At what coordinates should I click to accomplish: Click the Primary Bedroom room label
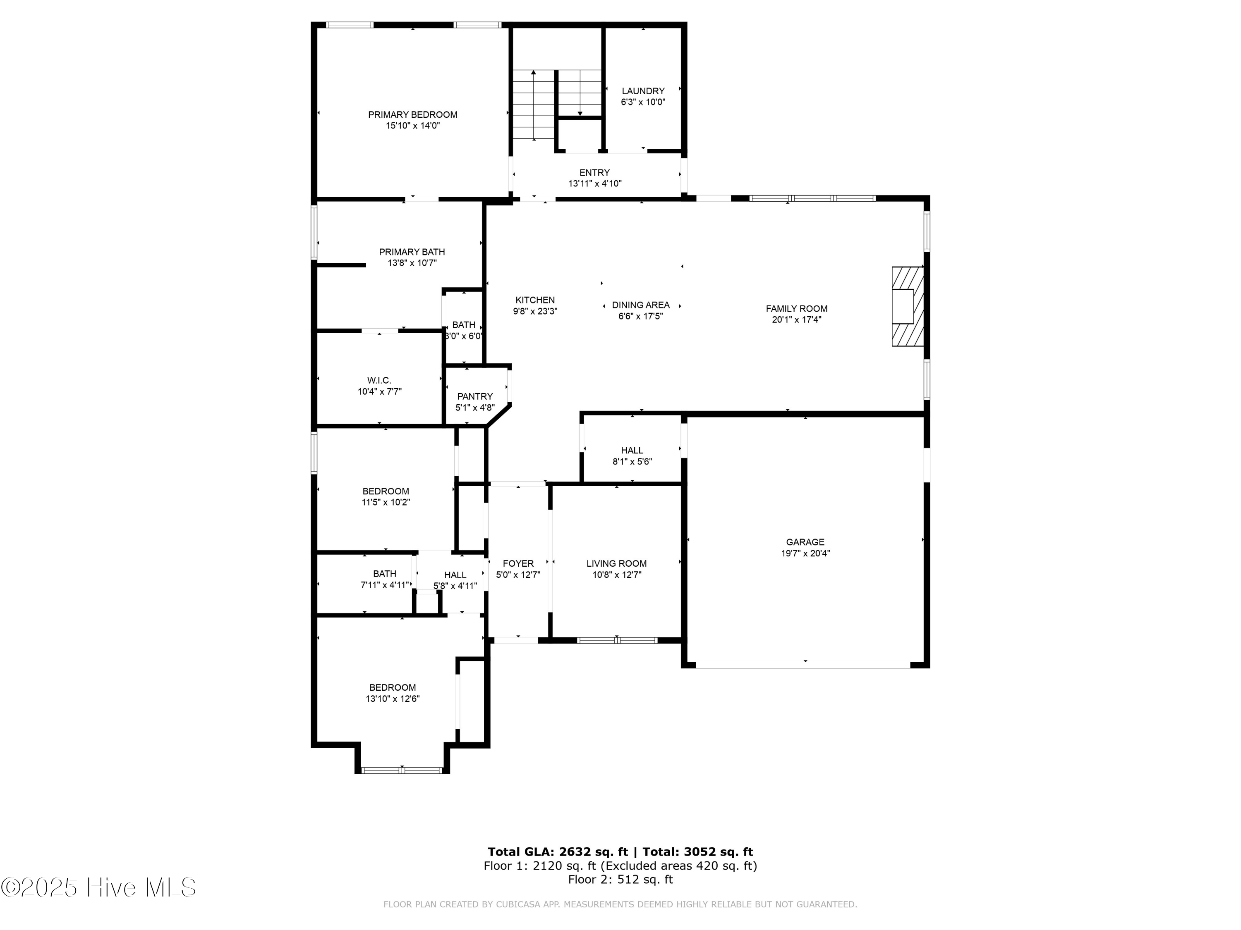click(412, 114)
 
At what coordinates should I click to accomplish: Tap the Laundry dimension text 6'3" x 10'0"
click(643, 102)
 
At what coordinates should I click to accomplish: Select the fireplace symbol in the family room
click(907, 306)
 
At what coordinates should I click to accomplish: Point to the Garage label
click(805, 542)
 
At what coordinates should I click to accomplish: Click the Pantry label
click(474, 396)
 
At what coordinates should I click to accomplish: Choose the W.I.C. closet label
click(379, 381)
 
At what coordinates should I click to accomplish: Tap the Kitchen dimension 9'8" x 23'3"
click(534, 312)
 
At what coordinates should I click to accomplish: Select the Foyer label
click(518, 563)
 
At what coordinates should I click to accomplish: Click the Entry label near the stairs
click(594, 173)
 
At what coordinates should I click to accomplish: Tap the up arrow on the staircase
click(534, 73)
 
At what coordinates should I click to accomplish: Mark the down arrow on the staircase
click(580, 113)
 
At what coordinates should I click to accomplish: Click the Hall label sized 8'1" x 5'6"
click(632, 450)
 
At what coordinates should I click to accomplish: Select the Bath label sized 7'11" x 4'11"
click(384, 573)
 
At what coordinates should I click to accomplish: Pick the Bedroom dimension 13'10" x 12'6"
click(392, 699)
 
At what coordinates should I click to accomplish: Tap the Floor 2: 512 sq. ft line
click(620, 879)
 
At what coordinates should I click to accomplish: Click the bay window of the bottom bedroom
click(402, 770)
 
